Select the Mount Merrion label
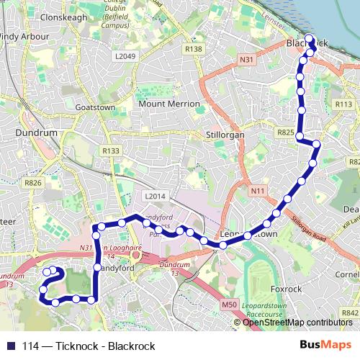coord(169,104)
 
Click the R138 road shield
coord(192,49)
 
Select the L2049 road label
coord(125,55)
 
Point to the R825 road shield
coord(286,133)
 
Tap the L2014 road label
coord(155,196)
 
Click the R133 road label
coord(111,150)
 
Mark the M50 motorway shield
coord(229,305)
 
